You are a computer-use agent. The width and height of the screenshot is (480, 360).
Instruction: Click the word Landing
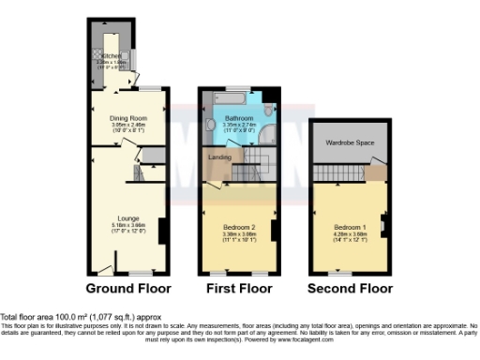click(220, 157)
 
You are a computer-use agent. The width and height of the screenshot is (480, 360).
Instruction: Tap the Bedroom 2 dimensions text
click(235, 235)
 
